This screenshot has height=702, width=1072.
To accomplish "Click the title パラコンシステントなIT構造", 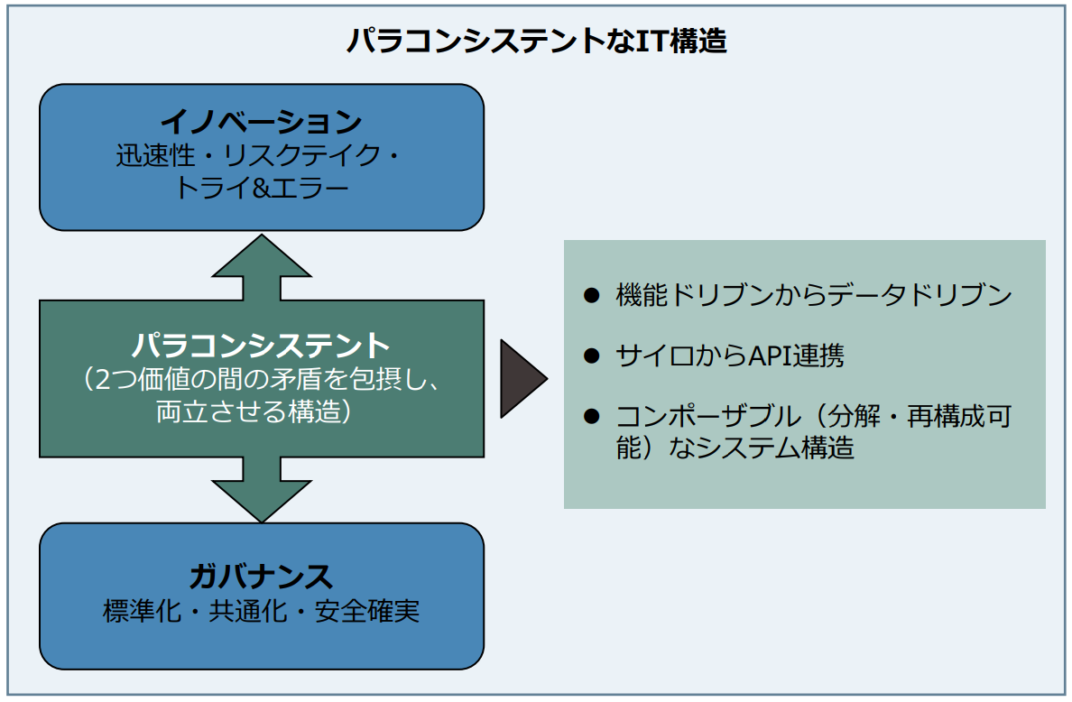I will (x=536, y=42).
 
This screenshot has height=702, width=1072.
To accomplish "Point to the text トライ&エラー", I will (x=261, y=189).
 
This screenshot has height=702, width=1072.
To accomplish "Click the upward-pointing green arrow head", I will (x=261, y=257).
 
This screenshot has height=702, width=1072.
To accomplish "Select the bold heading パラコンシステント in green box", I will (x=261, y=345).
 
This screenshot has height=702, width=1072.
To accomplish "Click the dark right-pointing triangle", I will (x=522, y=379).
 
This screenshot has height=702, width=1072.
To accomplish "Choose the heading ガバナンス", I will (x=261, y=576).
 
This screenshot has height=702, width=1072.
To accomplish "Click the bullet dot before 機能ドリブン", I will (x=591, y=295).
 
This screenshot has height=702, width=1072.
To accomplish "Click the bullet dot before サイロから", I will (x=591, y=356).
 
